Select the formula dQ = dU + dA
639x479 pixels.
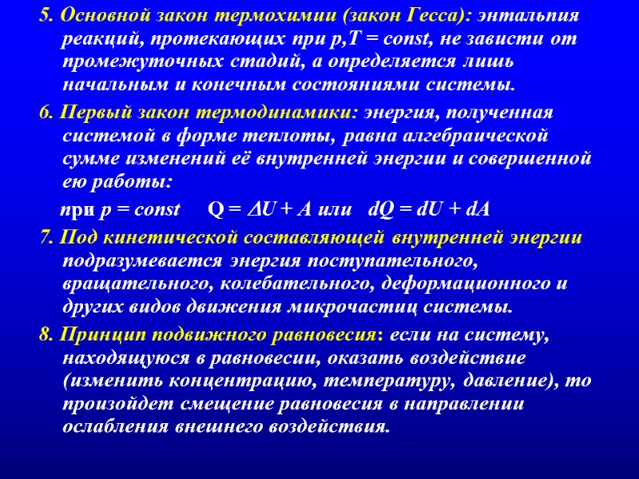[x=429, y=210]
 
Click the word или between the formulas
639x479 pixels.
[x=335, y=210]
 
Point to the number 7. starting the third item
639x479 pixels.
[x=45, y=239]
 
